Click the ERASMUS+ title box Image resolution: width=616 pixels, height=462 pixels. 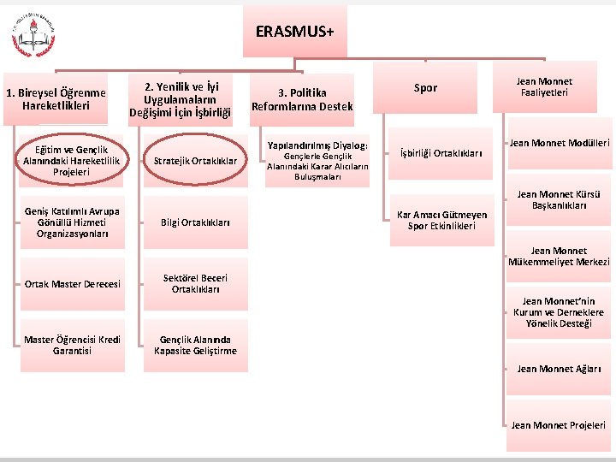point(295,33)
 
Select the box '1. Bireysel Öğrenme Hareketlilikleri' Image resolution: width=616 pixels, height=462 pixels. point(56,99)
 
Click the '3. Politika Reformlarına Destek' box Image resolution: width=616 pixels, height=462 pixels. point(302,99)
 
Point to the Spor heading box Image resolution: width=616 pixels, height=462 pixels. point(425,87)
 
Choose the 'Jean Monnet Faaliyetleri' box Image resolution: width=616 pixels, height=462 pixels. point(544,87)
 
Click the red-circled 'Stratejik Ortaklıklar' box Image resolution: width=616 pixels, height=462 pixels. point(195,161)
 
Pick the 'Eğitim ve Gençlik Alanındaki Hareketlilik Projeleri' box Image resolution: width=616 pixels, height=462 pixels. point(72,161)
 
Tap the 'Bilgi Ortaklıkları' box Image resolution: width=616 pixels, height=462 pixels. point(195,222)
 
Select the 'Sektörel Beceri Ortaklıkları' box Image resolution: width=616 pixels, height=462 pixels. point(195,284)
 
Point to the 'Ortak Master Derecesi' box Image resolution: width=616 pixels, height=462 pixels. point(72,284)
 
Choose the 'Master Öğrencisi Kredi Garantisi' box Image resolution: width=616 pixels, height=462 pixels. point(72,346)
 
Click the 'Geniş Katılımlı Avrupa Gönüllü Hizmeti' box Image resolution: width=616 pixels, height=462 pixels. point(72,222)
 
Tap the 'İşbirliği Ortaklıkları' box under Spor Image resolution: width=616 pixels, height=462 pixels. point(441,154)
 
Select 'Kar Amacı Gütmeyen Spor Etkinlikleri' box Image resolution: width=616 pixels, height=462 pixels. point(441,221)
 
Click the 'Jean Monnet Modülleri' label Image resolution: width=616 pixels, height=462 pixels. point(560,143)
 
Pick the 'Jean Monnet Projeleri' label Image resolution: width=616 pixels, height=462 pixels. point(559,425)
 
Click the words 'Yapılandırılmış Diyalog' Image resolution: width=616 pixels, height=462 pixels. point(317,145)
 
